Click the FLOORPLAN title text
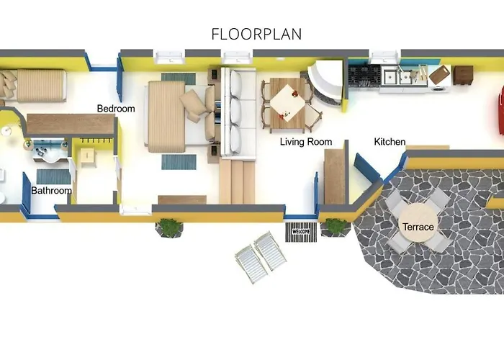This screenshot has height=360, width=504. [x=256, y=34]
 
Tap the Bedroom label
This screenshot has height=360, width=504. [x=116, y=109]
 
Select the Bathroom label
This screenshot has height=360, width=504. [x=51, y=191]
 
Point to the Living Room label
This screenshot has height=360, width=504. [x=306, y=142]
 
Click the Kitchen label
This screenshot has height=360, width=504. [x=390, y=142]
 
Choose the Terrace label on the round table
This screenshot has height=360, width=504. [x=418, y=227]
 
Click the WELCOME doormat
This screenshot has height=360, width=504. [x=301, y=231]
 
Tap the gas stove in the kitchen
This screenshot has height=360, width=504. [x=364, y=76]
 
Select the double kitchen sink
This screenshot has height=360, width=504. [x=398, y=76]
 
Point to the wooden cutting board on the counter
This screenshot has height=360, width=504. [x=440, y=75]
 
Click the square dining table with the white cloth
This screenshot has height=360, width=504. [x=287, y=104]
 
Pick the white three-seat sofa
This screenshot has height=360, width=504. [x=238, y=112]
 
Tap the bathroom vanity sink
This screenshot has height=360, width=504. [x=48, y=150]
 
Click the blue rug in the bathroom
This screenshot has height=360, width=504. [x=53, y=176]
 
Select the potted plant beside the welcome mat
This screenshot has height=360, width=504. [x=336, y=228]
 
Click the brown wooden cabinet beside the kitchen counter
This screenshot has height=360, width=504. [x=463, y=75]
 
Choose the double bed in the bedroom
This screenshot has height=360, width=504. [x=181, y=116]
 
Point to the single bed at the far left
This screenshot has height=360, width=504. [x=33, y=85]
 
